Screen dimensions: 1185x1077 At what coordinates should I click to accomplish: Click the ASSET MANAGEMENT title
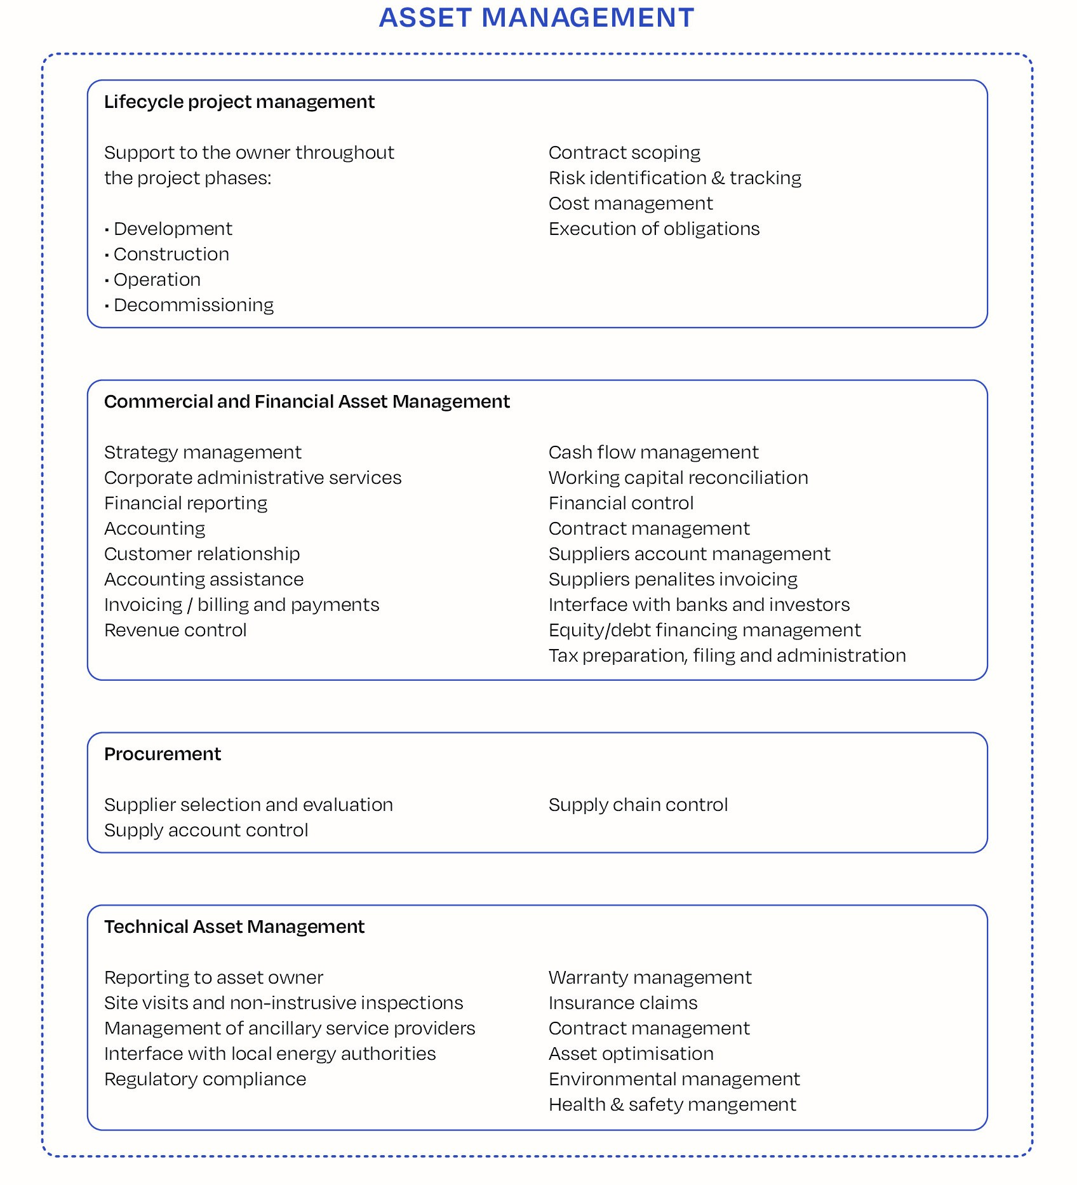pyautogui.click(x=537, y=18)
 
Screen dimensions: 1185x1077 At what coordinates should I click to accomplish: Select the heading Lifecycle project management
pyautogui.click(x=239, y=102)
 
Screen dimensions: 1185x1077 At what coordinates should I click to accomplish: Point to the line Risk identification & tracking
pyautogui.click(x=674, y=178)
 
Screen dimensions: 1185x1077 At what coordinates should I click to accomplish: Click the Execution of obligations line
pyautogui.click(x=653, y=229)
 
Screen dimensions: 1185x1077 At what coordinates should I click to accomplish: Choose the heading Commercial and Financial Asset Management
pyautogui.click(x=307, y=401)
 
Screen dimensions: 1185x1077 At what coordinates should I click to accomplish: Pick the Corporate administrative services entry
pyautogui.click(x=253, y=478)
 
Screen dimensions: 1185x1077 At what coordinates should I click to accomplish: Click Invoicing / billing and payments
pyautogui.click(x=241, y=605)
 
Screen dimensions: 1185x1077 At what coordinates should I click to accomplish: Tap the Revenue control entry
pyautogui.click(x=175, y=630)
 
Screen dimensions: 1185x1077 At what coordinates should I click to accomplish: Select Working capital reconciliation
pyautogui.click(x=678, y=478)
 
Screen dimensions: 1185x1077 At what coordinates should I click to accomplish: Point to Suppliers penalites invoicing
pyautogui.click(x=673, y=579)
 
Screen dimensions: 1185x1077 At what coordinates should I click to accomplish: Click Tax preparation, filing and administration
pyautogui.click(x=727, y=655)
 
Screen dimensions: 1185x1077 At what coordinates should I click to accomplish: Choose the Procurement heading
pyautogui.click(x=163, y=754)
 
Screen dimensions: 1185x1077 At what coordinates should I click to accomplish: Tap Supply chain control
pyautogui.click(x=638, y=805)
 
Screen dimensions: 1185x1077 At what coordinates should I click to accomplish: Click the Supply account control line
pyautogui.click(x=206, y=830)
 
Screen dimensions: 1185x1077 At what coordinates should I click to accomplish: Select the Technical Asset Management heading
pyautogui.click(x=234, y=927)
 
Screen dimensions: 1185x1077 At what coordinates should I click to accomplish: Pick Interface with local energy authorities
pyautogui.click(x=270, y=1054)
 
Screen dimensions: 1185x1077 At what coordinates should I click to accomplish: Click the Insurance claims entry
pyautogui.click(x=623, y=1003)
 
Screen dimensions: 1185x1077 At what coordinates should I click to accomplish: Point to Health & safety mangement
pyautogui.click(x=672, y=1104)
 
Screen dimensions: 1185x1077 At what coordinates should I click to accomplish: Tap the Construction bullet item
pyautogui.click(x=171, y=254)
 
